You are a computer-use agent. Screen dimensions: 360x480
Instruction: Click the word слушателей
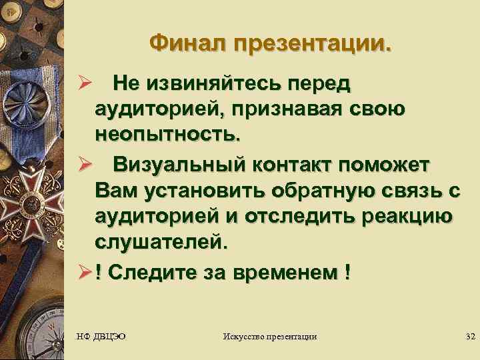pyautogui.click(x=160, y=241)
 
